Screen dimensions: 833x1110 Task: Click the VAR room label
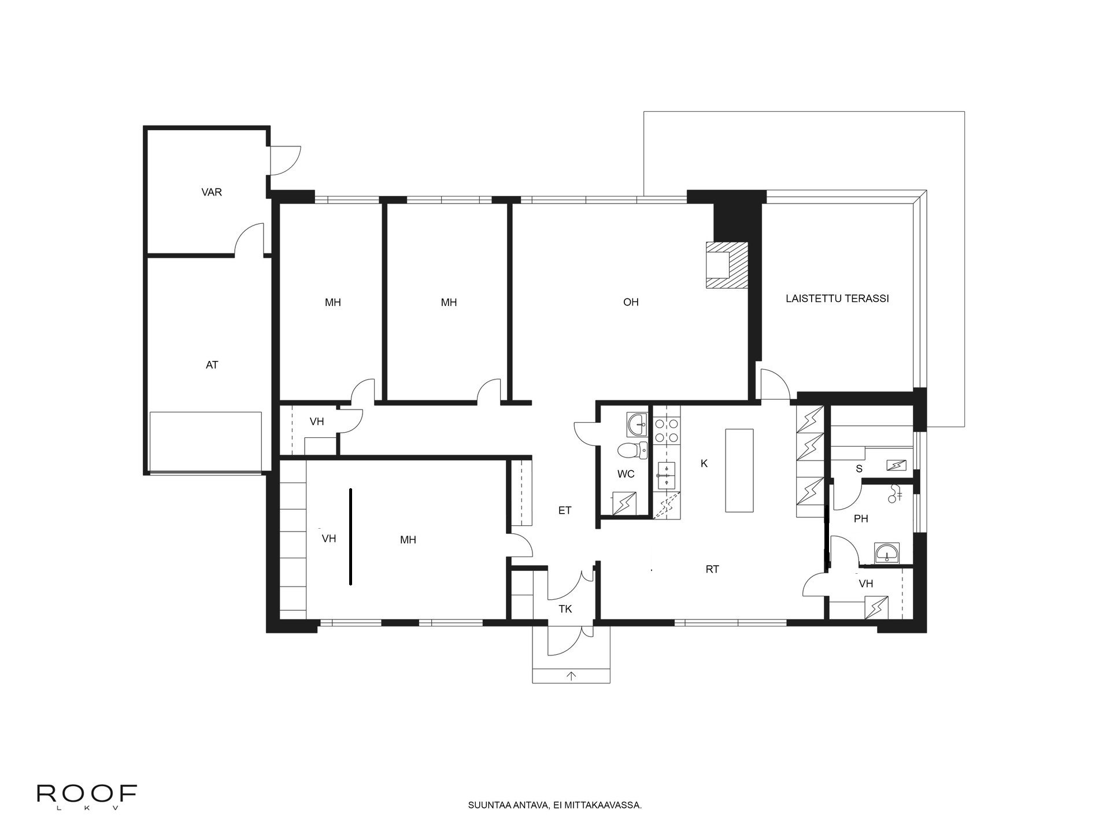[x=212, y=192]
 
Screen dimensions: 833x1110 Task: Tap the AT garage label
[x=212, y=365]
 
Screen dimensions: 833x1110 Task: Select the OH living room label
[x=631, y=302]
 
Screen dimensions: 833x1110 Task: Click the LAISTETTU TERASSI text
[x=837, y=298]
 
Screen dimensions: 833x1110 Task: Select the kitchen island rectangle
[x=739, y=470]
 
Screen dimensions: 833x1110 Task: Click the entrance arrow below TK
[x=572, y=676]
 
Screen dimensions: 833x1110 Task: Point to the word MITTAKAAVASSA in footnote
[x=613, y=805]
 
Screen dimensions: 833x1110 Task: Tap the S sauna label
[x=859, y=469]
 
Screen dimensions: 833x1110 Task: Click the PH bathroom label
[x=861, y=519]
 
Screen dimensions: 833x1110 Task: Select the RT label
[x=712, y=569]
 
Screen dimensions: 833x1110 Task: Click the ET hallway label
[x=565, y=510]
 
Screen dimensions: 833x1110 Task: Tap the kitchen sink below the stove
[x=666, y=475]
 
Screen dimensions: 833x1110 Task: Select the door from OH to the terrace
[x=775, y=385]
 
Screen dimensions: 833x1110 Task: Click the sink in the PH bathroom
[x=886, y=553]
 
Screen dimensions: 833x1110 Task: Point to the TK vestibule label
[x=565, y=609]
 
